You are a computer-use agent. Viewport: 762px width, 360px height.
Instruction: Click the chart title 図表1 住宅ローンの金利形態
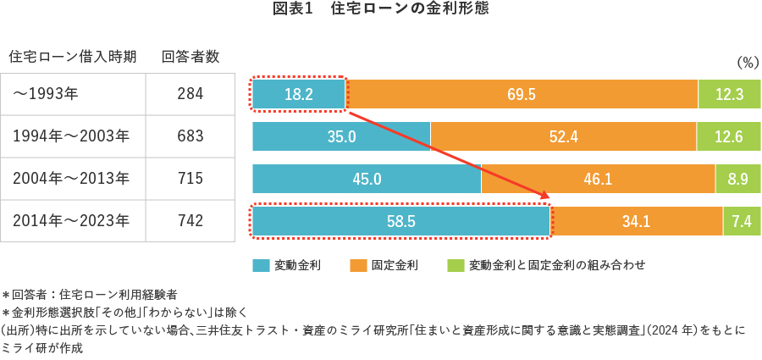(x=381, y=9)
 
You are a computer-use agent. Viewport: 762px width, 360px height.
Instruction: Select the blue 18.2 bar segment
(x=299, y=94)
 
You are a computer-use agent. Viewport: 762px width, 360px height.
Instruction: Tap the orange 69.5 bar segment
(x=522, y=94)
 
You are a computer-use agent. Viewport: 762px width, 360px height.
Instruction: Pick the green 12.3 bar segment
(x=729, y=94)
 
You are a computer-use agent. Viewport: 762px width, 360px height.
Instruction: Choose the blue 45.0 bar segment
(x=367, y=179)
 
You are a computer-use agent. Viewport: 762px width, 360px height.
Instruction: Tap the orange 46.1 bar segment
(x=598, y=179)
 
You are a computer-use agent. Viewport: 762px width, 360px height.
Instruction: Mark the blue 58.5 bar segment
(x=401, y=221)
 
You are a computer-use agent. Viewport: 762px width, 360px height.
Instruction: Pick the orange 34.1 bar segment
(x=636, y=221)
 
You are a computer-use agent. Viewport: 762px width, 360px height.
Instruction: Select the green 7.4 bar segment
(x=742, y=221)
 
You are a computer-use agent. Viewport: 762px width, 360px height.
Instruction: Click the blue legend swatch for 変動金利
(x=261, y=265)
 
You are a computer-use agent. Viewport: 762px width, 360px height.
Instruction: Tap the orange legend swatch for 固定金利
(x=358, y=265)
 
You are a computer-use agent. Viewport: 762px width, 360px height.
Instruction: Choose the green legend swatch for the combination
(x=456, y=265)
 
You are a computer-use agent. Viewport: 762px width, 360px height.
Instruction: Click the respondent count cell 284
(x=190, y=94)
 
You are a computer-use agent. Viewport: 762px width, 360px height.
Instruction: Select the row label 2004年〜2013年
(x=71, y=179)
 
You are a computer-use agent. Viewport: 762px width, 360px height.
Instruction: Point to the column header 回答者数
(x=190, y=57)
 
